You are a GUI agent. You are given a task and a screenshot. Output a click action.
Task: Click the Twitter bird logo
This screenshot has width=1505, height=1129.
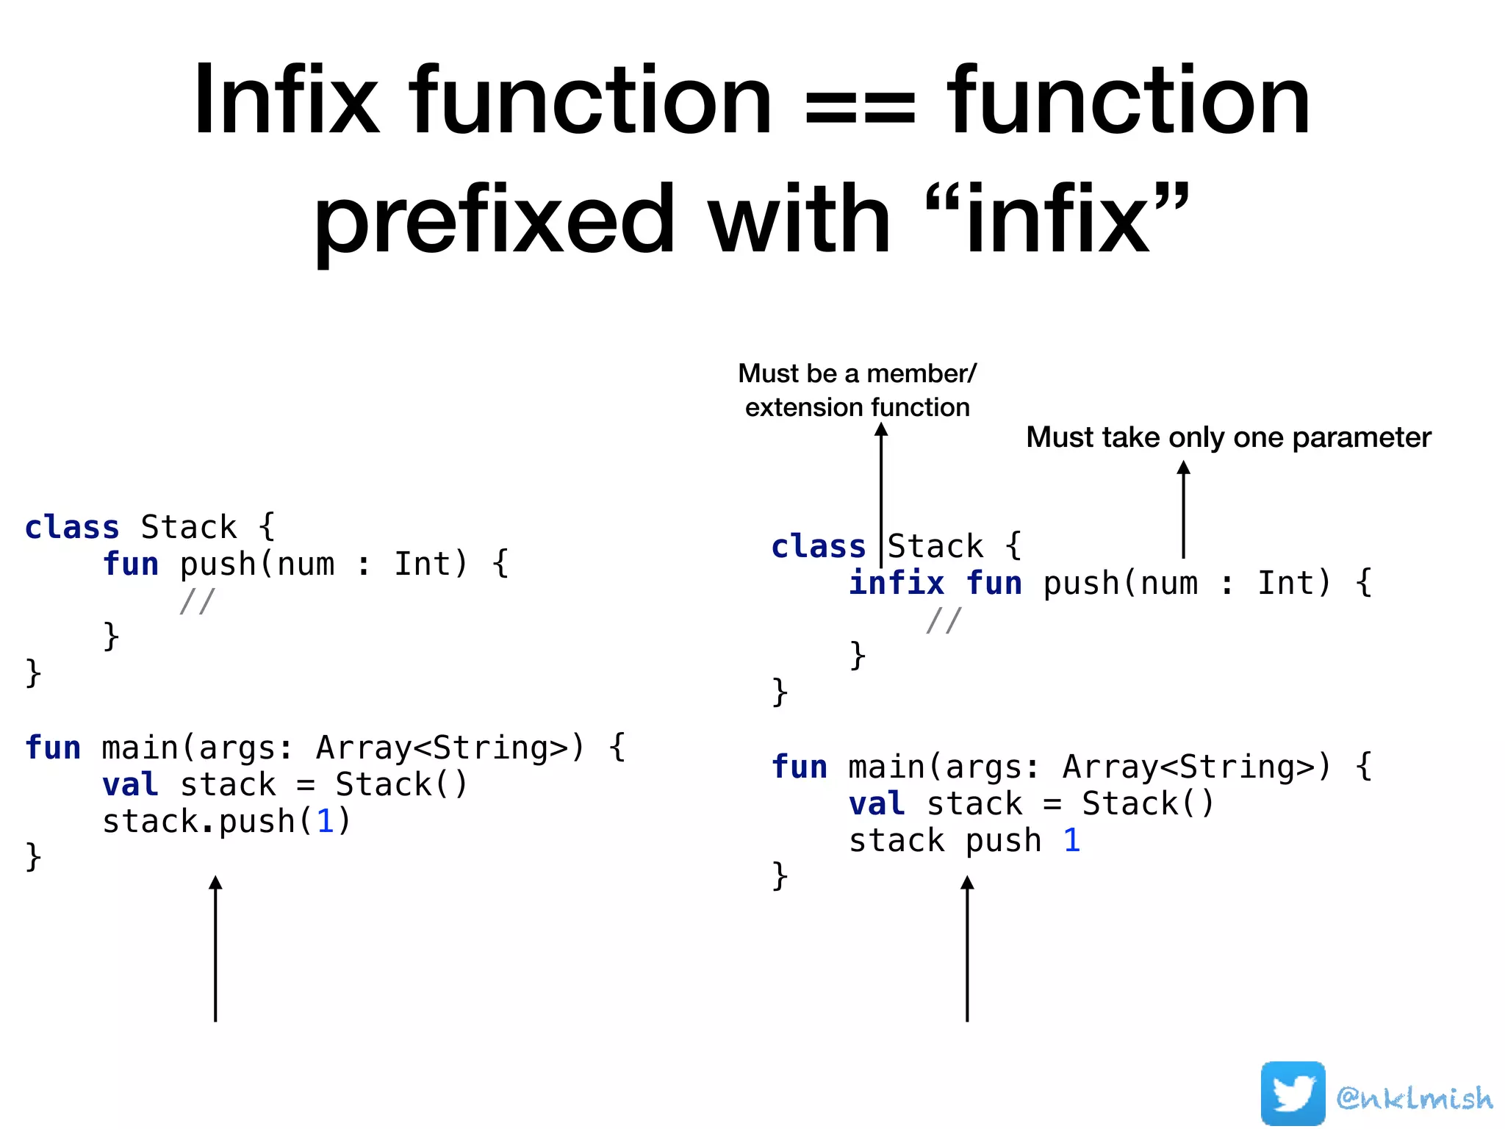1293,1093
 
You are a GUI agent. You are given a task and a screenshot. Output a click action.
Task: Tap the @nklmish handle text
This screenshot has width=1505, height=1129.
1415,1097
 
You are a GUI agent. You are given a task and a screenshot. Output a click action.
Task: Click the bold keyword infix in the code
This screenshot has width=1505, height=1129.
896,583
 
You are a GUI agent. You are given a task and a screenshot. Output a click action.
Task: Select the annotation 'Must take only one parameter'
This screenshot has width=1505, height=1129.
1228,437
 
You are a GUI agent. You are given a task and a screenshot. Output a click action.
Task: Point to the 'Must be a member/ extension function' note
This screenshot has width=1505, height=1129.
857,390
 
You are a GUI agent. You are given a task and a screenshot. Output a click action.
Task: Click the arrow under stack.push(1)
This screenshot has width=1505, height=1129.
215,948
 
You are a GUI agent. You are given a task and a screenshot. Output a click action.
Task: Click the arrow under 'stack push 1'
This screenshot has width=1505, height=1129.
967,948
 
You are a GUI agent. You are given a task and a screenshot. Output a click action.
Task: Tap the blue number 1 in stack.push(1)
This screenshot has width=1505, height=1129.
325,821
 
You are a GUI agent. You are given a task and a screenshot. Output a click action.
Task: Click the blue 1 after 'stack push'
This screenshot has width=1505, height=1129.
1071,840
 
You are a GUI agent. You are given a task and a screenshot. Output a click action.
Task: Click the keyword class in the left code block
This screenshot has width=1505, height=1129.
72,528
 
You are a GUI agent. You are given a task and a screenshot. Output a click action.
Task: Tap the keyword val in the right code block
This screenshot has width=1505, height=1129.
876,803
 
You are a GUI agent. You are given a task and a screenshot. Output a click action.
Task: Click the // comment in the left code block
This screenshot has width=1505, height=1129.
197,601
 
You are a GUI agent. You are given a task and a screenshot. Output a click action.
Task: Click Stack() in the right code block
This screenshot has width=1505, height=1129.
1147,803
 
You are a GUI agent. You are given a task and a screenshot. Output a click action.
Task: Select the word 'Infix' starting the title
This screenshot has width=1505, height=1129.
286,101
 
